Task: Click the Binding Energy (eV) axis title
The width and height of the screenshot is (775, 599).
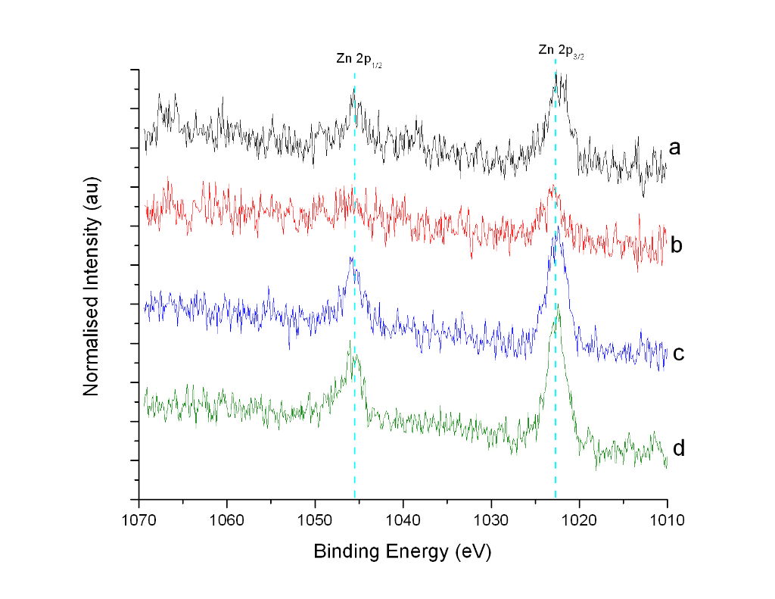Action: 403,552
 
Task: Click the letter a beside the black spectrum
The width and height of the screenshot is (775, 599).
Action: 675,148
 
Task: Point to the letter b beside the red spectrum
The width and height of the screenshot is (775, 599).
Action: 677,245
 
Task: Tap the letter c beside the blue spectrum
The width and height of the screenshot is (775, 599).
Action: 678,353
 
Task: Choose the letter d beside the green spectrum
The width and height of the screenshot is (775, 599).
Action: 679,448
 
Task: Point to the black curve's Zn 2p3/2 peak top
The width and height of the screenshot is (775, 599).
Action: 556,73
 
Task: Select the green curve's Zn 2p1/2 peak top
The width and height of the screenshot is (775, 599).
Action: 349,342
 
